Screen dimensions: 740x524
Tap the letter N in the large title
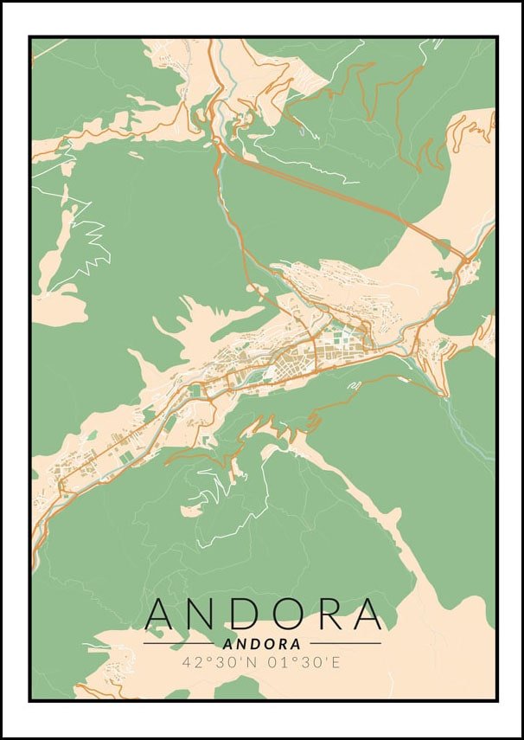(x=206, y=614)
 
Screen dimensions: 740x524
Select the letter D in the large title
(x=250, y=614)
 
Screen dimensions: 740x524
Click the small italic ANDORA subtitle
(x=262, y=644)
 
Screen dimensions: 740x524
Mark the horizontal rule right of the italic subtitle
(x=345, y=644)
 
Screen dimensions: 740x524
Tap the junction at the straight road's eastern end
(x=465, y=258)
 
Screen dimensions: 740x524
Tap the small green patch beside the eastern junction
(x=442, y=274)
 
